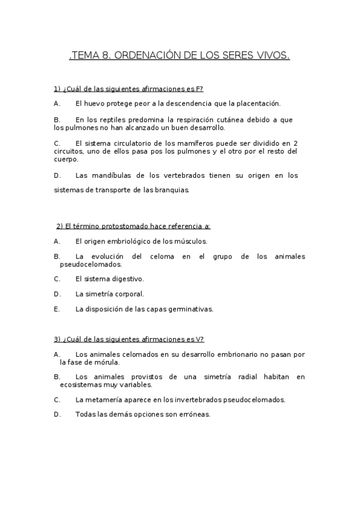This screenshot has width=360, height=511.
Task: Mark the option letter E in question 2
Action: pos(56,310)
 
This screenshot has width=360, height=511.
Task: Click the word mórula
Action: pos(107,362)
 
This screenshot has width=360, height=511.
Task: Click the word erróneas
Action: pos(194,415)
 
